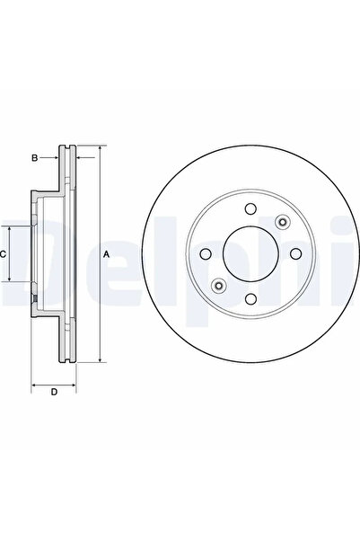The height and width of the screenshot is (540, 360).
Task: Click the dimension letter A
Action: pyautogui.click(x=107, y=254)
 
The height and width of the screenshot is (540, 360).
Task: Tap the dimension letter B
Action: pyautogui.click(x=34, y=158)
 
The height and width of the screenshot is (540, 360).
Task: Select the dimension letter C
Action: pyautogui.click(x=3, y=254)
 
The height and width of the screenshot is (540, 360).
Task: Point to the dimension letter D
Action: pyautogui.click(x=54, y=392)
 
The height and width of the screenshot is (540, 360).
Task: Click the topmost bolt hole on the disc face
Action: pyautogui.click(x=250, y=208)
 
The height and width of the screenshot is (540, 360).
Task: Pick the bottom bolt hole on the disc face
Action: pyautogui.click(x=250, y=298)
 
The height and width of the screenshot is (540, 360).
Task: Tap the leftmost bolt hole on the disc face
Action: pyautogui.click(x=206, y=254)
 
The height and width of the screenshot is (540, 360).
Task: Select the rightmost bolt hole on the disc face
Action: pyautogui.click(x=295, y=254)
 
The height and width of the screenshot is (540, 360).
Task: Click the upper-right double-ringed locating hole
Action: pyautogui.click(x=282, y=222)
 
